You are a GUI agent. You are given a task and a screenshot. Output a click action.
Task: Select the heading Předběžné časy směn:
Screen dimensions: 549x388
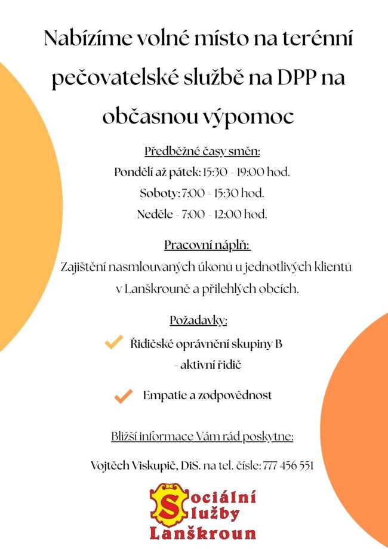pyautogui.click(x=202, y=150)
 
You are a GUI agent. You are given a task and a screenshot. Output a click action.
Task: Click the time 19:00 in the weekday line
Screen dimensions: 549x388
pyautogui.click(x=251, y=172)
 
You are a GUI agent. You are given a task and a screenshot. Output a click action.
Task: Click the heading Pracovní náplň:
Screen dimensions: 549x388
pyautogui.click(x=207, y=245)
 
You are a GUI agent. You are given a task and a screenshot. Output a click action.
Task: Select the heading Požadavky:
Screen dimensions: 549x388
pyautogui.click(x=199, y=320)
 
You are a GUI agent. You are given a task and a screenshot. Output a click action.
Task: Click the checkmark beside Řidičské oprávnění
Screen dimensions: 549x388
pyautogui.click(x=113, y=343)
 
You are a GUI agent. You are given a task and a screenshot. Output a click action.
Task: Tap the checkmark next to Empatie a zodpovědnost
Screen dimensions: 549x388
pyautogui.click(x=123, y=396)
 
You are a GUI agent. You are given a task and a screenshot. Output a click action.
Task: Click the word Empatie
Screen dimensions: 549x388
pyautogui.click(x=163, y=395)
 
